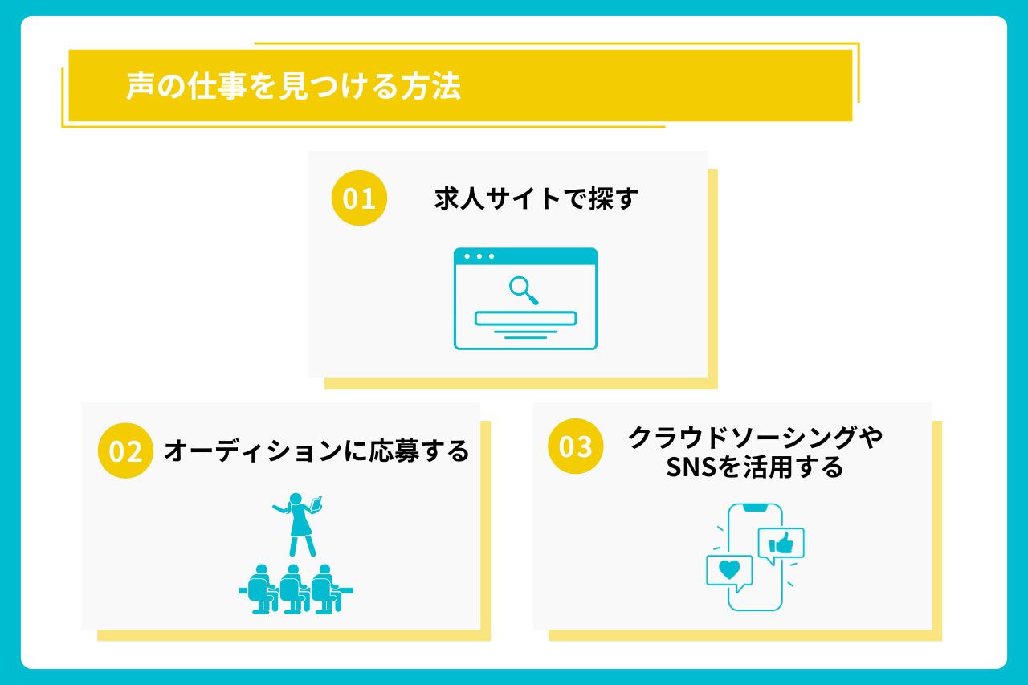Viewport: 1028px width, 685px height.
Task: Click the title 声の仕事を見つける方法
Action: point(293,86)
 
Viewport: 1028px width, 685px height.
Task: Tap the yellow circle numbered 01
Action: point(359,198)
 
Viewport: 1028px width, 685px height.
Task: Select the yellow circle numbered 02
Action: point(125,451)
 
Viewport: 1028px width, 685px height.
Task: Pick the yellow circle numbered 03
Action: point(576,446)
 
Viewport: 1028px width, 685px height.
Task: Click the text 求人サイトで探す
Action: point(536,198)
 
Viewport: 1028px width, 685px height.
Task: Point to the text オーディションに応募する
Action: point(316,451)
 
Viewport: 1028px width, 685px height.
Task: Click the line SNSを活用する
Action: point(755,467)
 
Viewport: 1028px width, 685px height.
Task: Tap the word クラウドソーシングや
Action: point(756,437)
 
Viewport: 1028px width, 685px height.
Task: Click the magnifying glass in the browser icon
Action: point(524,291)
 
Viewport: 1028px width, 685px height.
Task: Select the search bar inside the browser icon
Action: point(525,319)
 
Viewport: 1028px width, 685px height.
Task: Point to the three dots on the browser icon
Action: point(479,256)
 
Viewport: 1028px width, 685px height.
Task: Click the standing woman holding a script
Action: point(298,524)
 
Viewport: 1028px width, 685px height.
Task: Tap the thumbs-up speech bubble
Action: point(781,545)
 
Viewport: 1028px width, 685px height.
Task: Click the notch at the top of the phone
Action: point(755,507)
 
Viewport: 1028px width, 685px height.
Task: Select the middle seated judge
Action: point(293,589)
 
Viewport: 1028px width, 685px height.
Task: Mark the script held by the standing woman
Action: point(316,503)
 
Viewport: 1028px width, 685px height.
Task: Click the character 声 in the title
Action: point(140,86)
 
